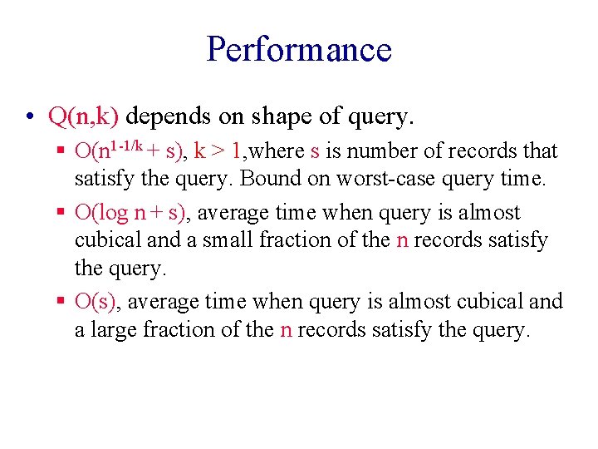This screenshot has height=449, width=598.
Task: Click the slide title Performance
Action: [x=299, y=49]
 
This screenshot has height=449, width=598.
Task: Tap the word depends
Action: [x=166, y=117]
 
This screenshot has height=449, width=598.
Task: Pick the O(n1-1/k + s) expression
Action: [x=130, y=150]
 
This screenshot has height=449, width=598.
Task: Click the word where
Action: [x=277, y=151]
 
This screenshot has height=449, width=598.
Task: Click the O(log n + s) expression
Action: [x=132, y=213]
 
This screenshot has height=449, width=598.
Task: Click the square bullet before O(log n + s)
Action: [x=62, y=213]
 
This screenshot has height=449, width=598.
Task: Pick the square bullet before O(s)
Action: [x=62, y=302]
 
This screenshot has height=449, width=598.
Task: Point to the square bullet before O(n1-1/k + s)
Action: [x=62, y=151]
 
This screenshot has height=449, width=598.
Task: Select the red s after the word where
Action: [x=315, y=152]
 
